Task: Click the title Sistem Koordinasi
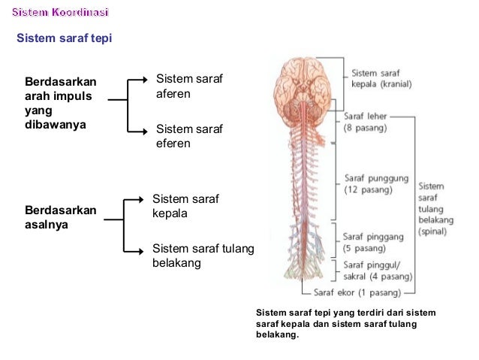tap(60, 13)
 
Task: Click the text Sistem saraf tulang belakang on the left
tap(203, 256)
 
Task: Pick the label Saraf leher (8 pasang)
tap(365, 123)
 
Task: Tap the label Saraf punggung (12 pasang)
tap(376, 184)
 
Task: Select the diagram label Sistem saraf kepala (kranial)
tap(381, 79)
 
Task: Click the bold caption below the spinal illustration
tap(345, 323)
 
